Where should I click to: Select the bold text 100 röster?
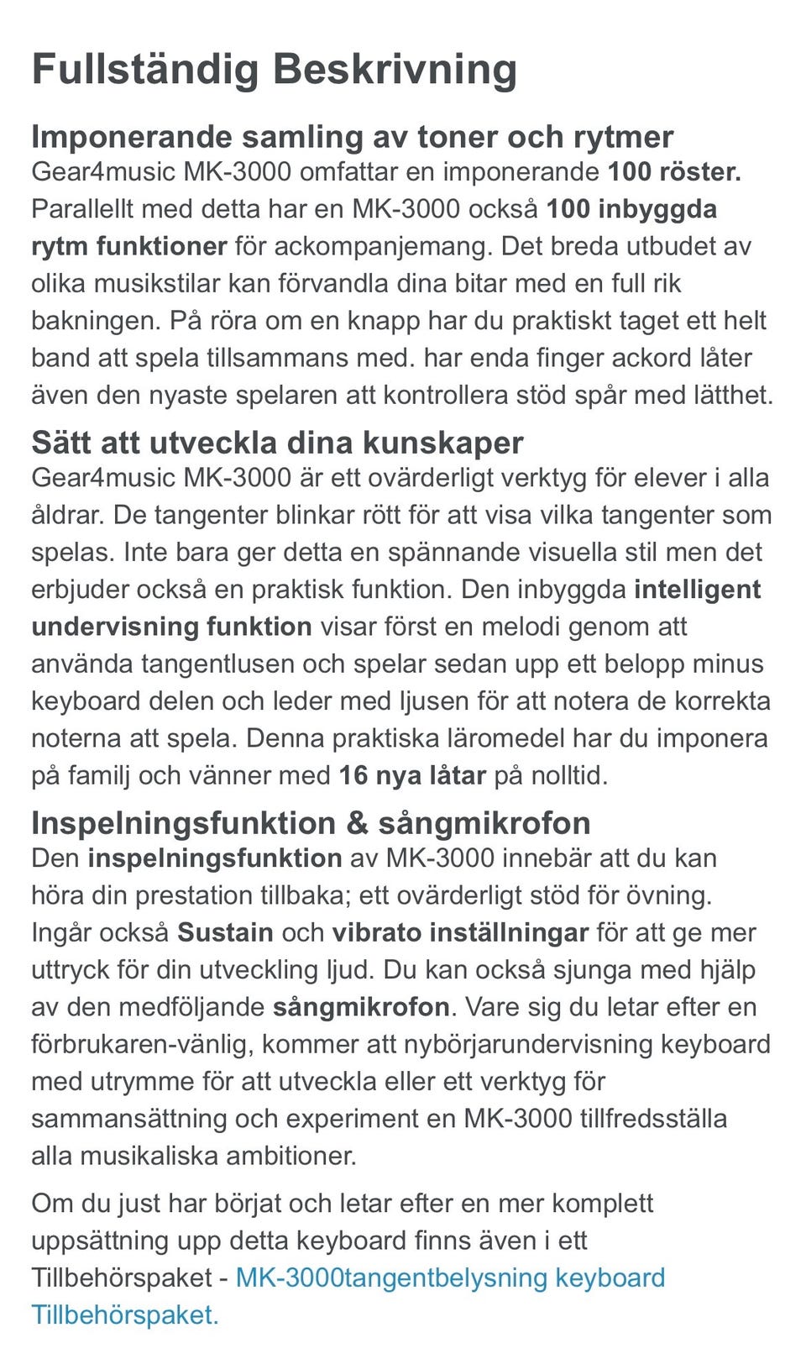point(674,172)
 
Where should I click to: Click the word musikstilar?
point(157,283)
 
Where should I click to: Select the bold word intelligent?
point(697,589)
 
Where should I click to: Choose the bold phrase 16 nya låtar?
point(412,774)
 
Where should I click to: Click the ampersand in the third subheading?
point(357,822)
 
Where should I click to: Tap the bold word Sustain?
point(225,932)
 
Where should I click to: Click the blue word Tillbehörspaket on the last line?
point(123,1314)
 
